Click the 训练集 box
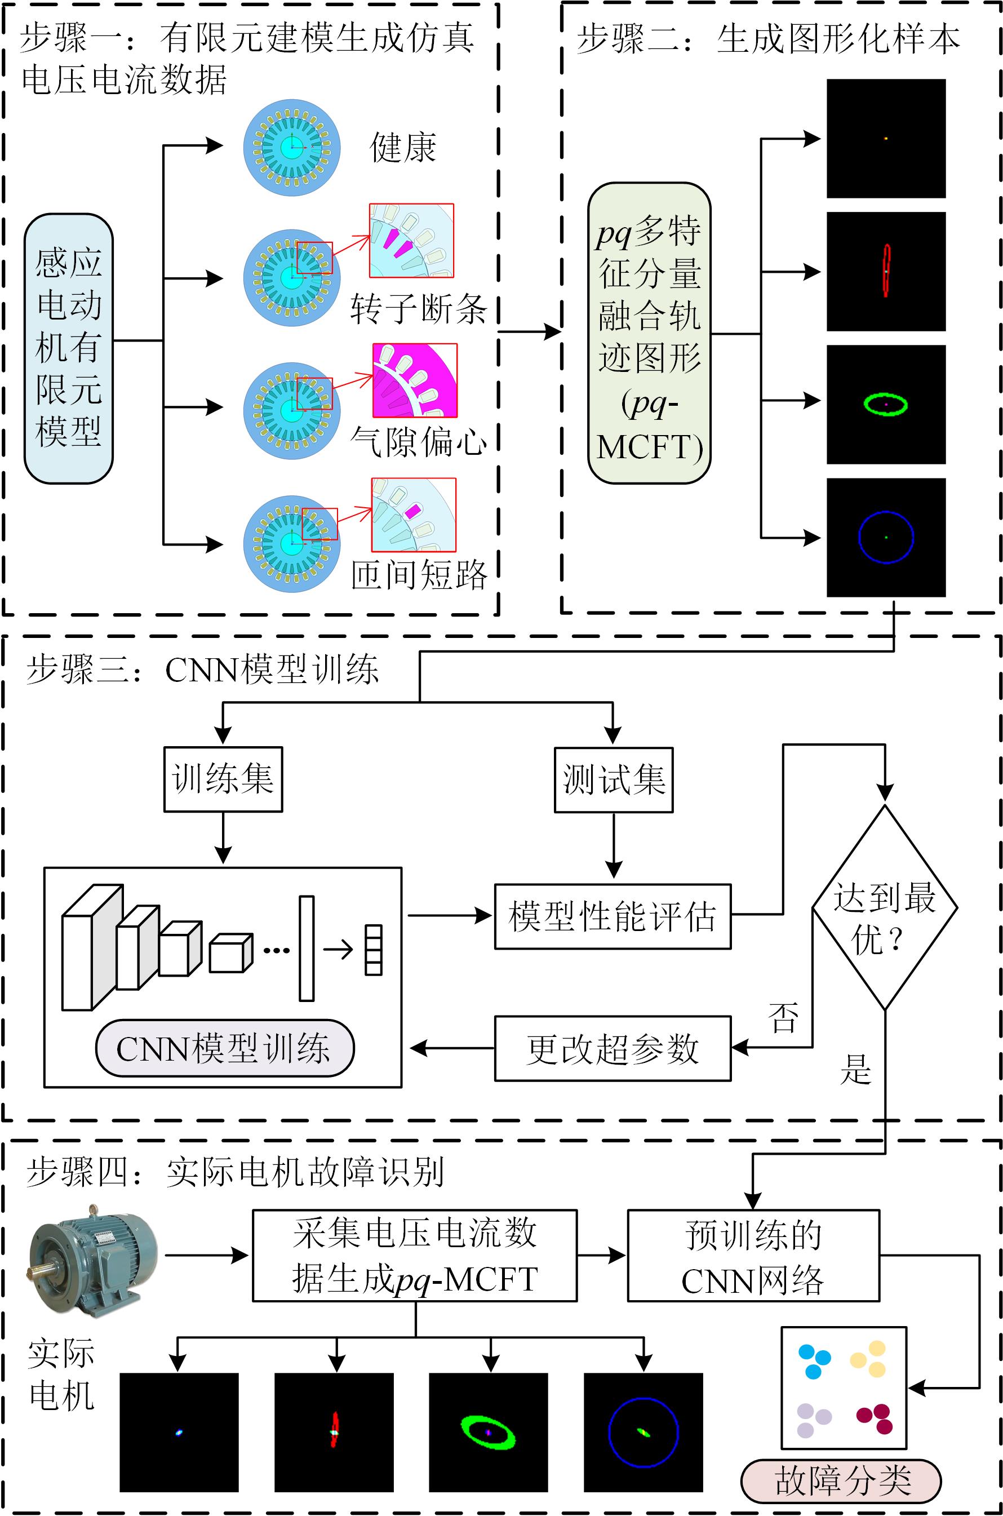coord(223,779)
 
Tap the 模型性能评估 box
coord(612,916)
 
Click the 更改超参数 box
coord(612,1048)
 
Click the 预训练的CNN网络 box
coord(753,1256)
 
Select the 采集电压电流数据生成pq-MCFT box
coord(415,1256)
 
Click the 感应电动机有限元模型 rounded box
coord(68,349)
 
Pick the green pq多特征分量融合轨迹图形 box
coord(649,333)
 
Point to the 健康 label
coord(403,148)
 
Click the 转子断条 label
coord(419,309)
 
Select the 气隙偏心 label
coord(419,441)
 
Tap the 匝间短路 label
coord(419,574)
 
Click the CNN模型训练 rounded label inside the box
coord(224,1048)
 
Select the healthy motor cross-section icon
coord(292,148)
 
